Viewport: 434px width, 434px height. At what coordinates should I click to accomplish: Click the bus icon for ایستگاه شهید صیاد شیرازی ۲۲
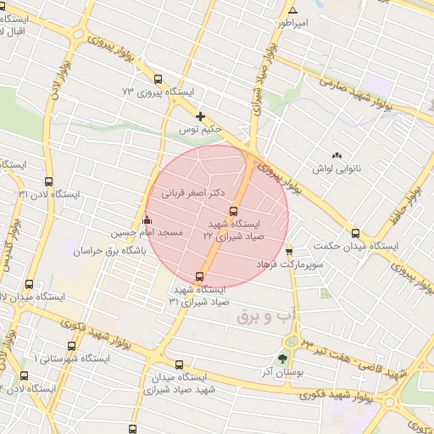pyautogui.click(x=233, y=211)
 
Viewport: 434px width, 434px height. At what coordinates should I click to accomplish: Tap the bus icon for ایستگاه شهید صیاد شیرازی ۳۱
pyautogui.click(x=200, y=275)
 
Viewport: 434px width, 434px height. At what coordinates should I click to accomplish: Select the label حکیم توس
pyautogui.click(x=200, y=130)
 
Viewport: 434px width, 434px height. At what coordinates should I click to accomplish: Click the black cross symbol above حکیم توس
pyautogui.click(x=200, y=116)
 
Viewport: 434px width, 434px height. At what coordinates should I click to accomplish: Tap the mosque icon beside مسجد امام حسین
pyautogui.click(x=148, y=220)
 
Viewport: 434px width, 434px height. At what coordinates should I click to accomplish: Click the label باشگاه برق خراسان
pyautogui.click(x=109, y=252)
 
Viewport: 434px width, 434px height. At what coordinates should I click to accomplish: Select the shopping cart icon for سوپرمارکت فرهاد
pyautogui.click(x=289, y=252)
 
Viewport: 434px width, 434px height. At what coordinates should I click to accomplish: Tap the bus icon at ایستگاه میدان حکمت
pyautogui.click(x=354, y=234)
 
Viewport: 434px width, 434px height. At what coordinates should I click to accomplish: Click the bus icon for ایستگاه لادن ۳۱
pyautogui.click(x=48, y=181)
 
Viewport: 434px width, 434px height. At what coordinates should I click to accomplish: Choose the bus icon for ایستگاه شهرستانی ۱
pyautogui.click(x=70, y=346)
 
